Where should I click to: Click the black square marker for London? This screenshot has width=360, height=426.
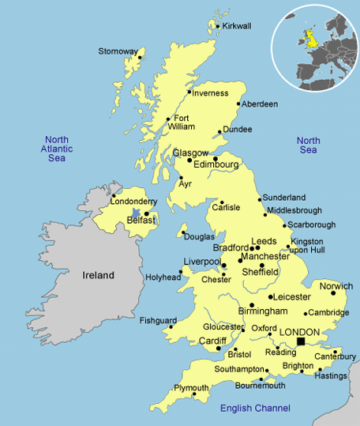(300, 341)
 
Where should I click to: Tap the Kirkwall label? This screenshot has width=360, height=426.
(237, 26)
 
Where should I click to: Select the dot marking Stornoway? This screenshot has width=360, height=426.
(141, 57)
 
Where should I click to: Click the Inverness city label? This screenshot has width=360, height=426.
(211, 93)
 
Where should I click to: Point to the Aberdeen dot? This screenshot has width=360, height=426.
(238, 104)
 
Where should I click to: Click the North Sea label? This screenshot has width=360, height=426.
(308, 145)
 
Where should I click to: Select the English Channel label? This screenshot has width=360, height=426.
(255, 408)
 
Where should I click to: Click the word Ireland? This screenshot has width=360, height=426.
(99, 276)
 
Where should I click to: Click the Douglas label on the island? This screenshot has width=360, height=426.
(199, 237)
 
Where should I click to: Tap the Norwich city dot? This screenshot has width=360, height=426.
(333, 293)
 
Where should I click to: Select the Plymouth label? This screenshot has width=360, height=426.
(192, 388)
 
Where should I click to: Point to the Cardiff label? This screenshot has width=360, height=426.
(212, 341)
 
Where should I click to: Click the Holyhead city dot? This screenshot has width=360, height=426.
(181, 272)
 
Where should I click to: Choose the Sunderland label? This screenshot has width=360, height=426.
(283, 197)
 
